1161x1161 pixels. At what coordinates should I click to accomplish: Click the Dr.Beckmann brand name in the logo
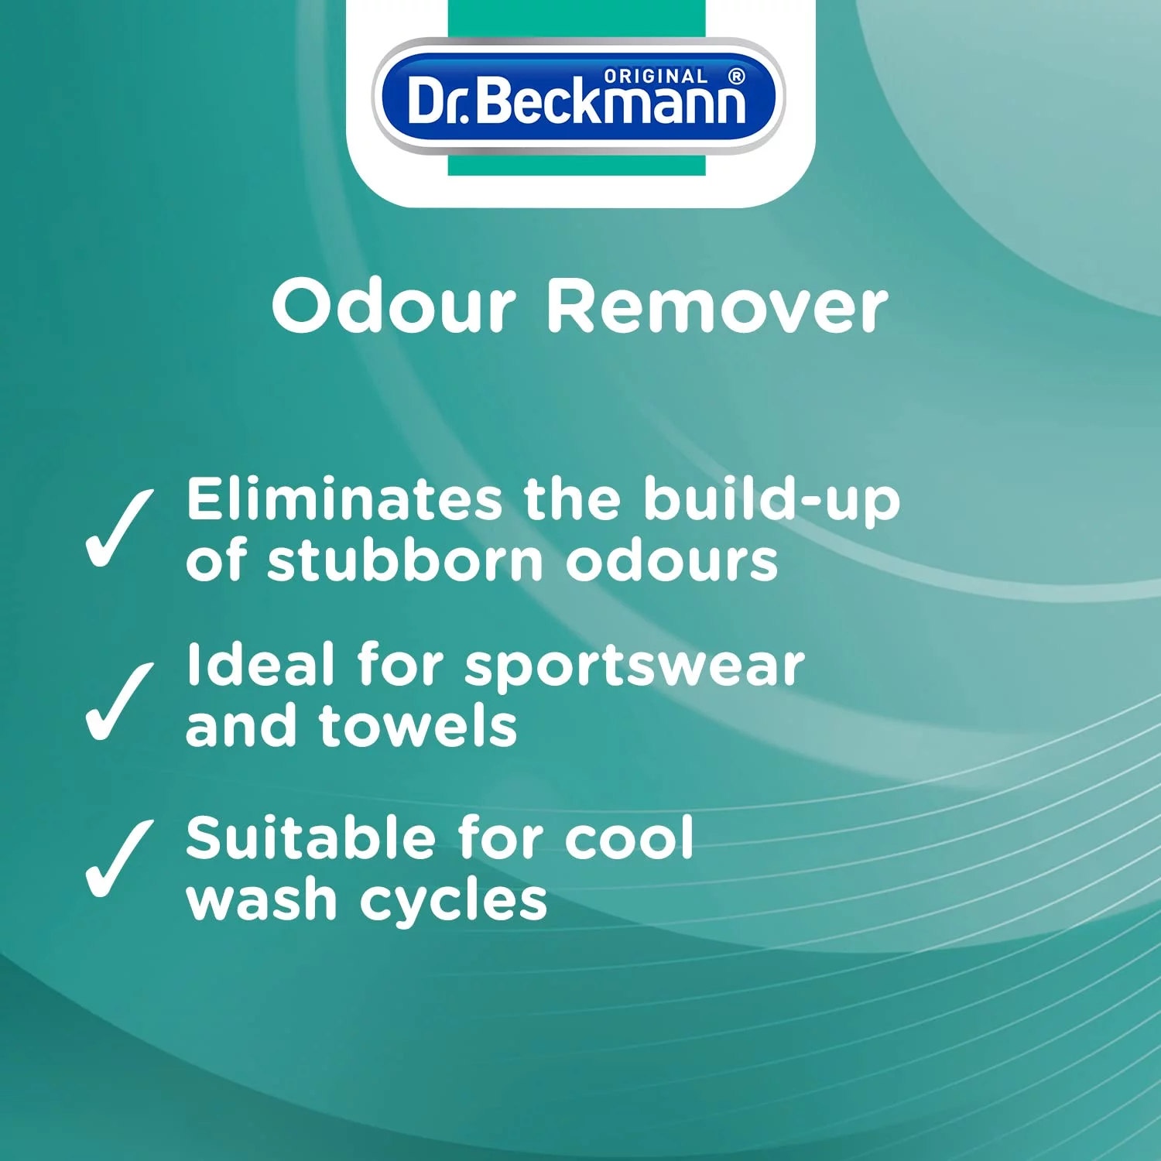point(577,101)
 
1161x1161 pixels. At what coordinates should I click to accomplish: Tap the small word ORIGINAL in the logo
point(656,77)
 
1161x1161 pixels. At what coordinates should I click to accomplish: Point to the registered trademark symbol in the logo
point(737,76)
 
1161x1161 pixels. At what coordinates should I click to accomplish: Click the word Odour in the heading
point(394,307)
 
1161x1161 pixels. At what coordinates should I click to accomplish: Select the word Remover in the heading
point(717,307)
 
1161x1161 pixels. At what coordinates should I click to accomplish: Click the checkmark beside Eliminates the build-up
point(119,529)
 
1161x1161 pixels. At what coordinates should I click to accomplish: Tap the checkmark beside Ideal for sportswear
point(119,702)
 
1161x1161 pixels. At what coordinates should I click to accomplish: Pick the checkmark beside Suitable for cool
point(119,858)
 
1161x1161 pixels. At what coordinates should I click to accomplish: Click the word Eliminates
point(344,499)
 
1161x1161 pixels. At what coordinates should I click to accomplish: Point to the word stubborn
point(405,560)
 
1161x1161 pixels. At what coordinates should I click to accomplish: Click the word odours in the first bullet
point(672,560)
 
